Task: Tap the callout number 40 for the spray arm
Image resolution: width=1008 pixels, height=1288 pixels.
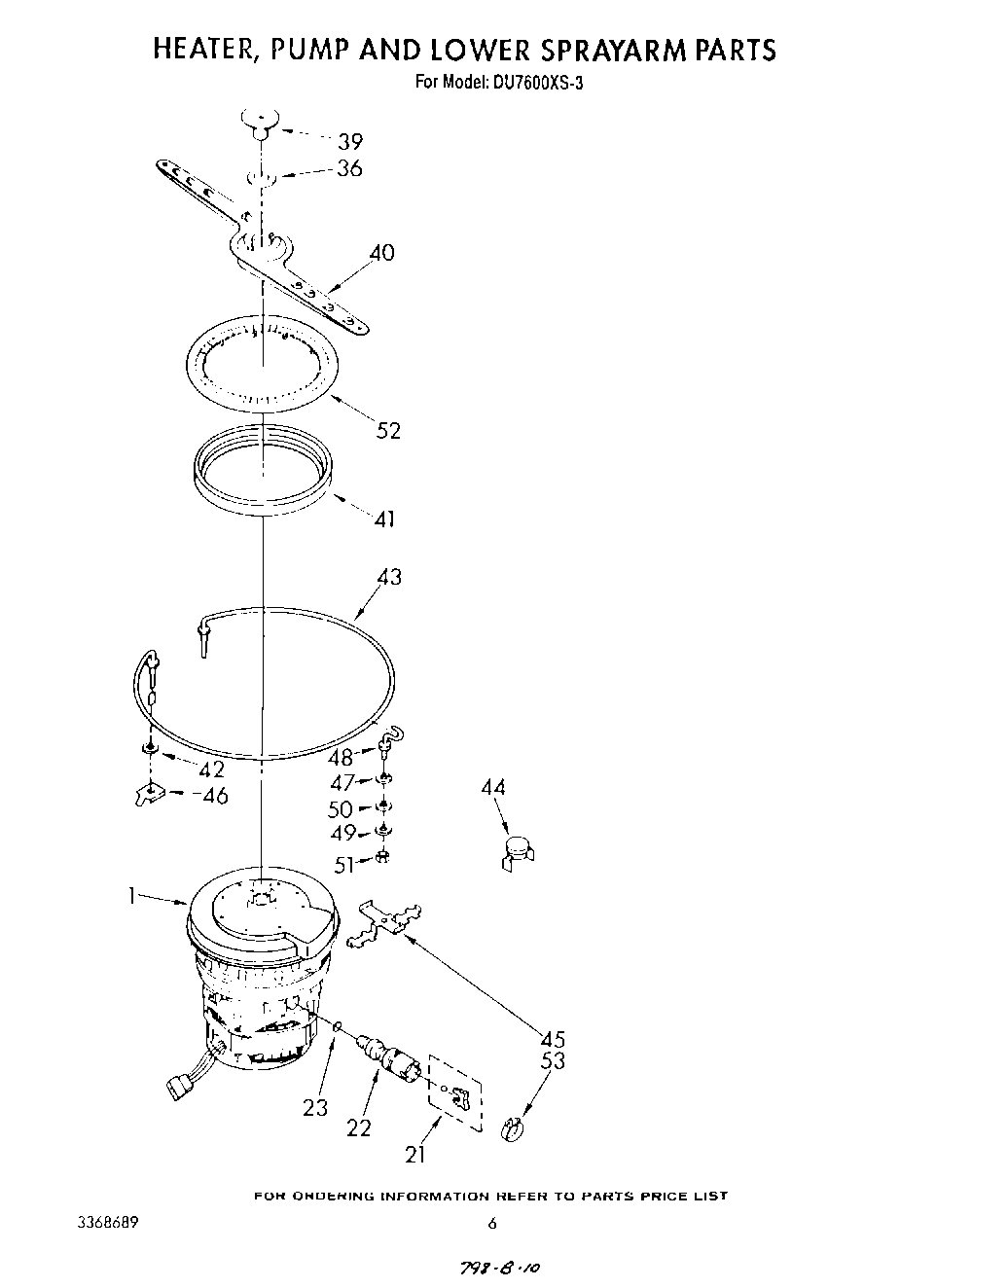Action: point(381,253)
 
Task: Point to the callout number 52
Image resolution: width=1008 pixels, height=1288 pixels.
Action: point(388,430)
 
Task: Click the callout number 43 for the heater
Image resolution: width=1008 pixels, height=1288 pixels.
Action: point(389,578)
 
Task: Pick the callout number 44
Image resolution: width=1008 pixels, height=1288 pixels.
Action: point(493,788)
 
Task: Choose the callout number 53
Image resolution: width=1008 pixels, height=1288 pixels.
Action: point(553,1061)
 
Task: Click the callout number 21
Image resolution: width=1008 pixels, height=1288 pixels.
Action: point(415,1155)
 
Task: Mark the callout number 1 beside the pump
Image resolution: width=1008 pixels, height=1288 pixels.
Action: point(130,896)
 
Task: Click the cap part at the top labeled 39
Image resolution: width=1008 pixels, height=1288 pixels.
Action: point(259,119)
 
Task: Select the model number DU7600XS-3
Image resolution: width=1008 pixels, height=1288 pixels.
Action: point(539,82)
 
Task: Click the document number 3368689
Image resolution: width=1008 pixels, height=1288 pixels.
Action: point(102,1223)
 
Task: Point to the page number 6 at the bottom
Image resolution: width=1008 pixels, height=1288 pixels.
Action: point(492,1224)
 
